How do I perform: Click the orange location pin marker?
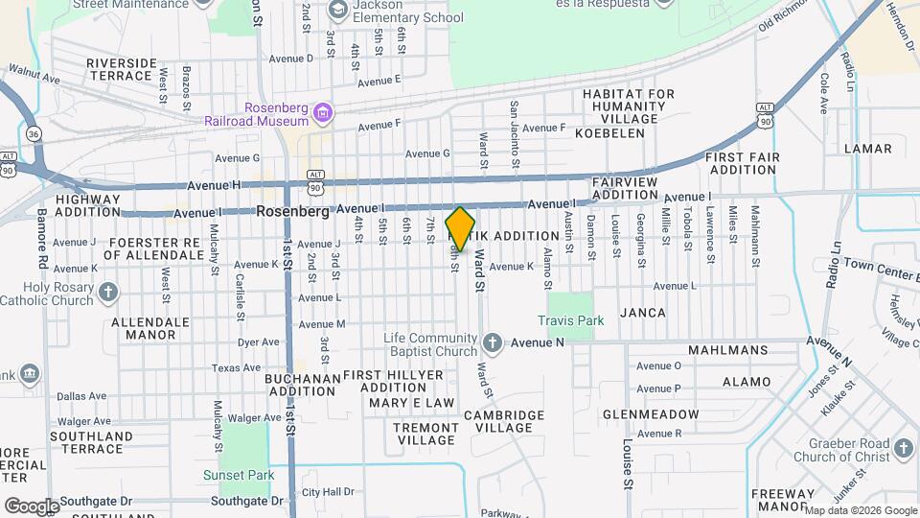pos(461,229)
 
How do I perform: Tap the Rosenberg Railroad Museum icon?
pos(323,114)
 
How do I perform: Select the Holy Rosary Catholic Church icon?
pos(108,290)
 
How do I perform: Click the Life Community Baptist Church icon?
pos(493,342)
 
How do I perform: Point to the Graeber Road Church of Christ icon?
pos(902,447)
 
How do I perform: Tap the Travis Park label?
pos(570,320)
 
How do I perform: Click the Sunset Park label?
pos(238,475)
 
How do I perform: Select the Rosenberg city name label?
pos(292,212)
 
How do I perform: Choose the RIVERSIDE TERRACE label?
pos(121,70)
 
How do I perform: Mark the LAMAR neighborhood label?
pos(867,149)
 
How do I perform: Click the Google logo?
pos(31,506)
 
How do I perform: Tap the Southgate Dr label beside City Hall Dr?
pos(247,501)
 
